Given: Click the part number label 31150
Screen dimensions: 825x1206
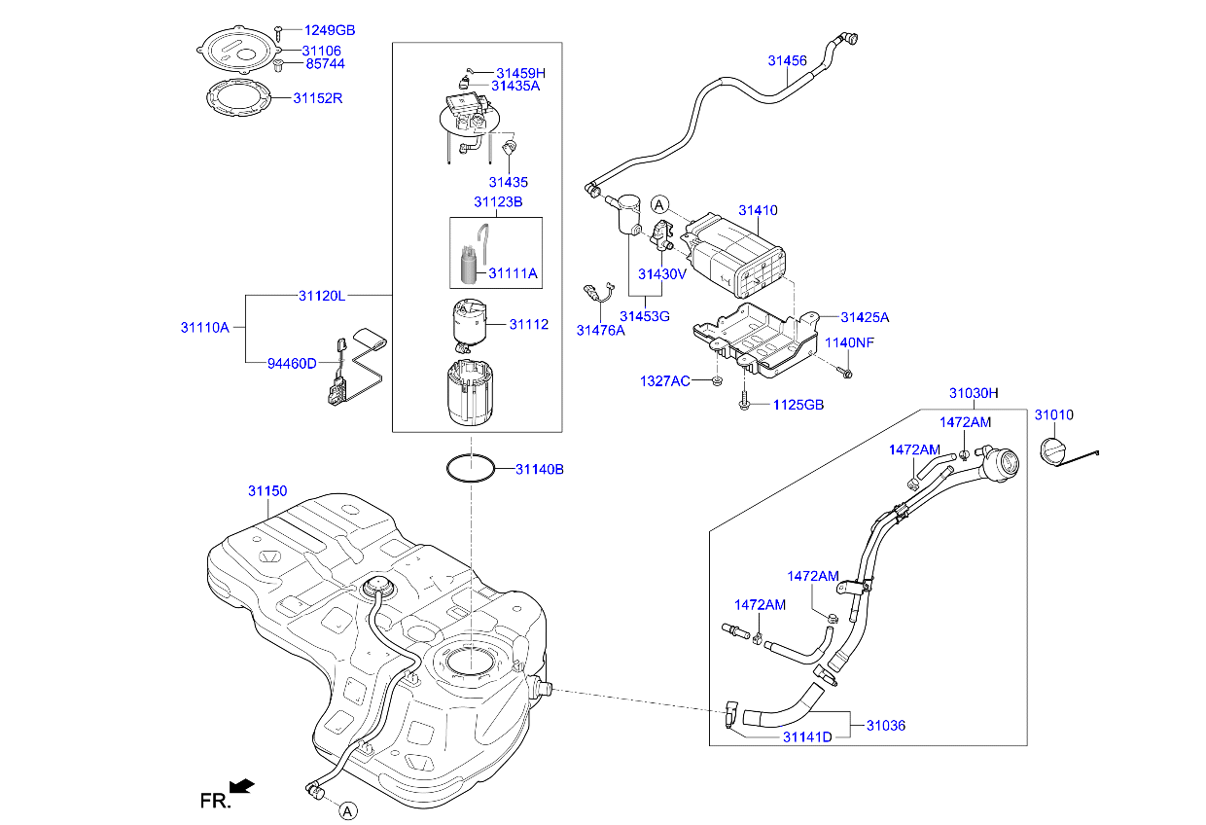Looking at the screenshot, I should [266, 492].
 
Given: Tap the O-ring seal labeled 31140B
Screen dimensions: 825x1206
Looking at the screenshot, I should [471, 468].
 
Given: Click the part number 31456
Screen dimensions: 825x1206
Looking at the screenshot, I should [787, 60].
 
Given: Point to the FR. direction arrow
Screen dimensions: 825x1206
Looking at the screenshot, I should [241, 784].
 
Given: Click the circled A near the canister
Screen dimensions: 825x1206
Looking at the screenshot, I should [659, 204].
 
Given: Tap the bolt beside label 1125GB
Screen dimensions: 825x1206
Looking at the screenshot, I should [744, 401].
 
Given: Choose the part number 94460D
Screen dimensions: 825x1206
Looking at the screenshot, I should [292, 363].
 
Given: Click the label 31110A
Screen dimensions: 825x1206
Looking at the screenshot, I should [204, 328].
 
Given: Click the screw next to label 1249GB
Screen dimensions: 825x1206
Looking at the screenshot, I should [278, 31].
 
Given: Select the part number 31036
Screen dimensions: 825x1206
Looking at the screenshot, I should [886, 725].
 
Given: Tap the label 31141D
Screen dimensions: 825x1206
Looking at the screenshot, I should [807, 736].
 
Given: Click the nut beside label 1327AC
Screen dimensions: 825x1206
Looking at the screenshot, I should [716, 379].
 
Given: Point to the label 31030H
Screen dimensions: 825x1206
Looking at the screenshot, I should [974, 393].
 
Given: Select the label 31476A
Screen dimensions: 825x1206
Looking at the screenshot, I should [600, 330].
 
